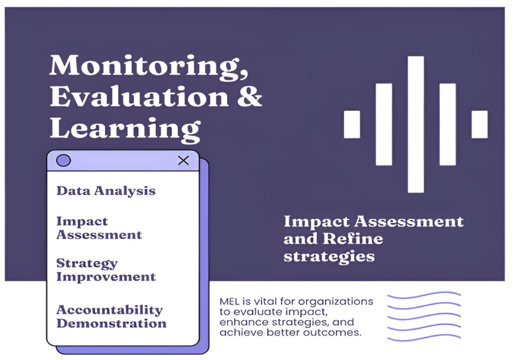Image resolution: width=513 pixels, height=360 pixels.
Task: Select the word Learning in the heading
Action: pos(125,130)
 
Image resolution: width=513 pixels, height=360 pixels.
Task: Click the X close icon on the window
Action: pos(183,160)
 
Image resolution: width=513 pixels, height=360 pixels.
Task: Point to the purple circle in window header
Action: pos(64,160)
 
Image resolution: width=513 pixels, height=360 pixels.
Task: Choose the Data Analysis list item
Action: pos(106,191)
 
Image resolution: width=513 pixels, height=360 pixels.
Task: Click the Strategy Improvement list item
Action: pos(106,270)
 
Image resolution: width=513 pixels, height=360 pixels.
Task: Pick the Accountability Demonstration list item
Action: pos(111,316)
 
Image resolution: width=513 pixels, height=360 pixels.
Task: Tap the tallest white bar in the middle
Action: pos(416,124)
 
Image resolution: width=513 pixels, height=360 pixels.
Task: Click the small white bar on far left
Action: pos(352,124)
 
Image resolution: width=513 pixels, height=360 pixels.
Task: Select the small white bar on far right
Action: pos(479,124)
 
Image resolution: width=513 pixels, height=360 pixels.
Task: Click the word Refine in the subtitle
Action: pos(353,238)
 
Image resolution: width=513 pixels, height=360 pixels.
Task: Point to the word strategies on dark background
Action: pos(329,256)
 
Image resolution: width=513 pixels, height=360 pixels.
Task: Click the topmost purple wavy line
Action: pos(424,296)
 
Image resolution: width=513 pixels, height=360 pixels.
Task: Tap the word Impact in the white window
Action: pos(82,222)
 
